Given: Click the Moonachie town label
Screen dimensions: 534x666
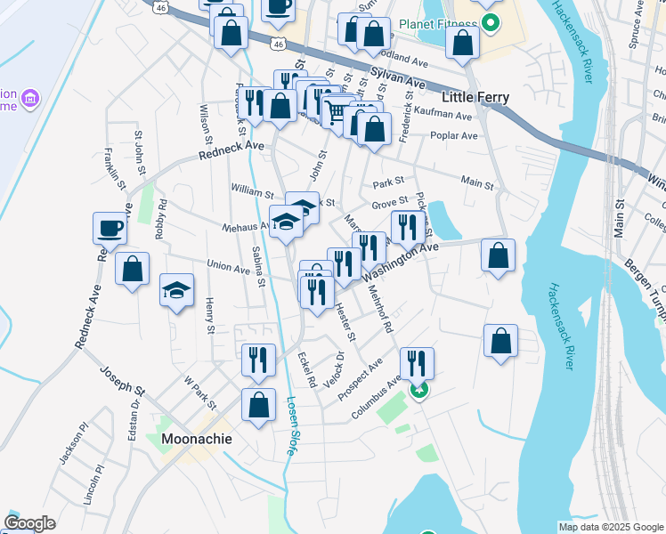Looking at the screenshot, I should [x=197, y=439].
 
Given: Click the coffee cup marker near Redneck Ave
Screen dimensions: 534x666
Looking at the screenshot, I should [x=110, y=229].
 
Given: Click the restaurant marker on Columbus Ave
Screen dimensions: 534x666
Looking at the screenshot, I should [x=417, y=363].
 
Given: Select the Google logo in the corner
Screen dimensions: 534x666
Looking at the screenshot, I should [x=29, y=523].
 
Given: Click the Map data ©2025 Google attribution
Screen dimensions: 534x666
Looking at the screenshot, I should [x=610, y=527].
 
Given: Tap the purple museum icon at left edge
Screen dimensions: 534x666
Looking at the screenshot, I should [x=29, y=96].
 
